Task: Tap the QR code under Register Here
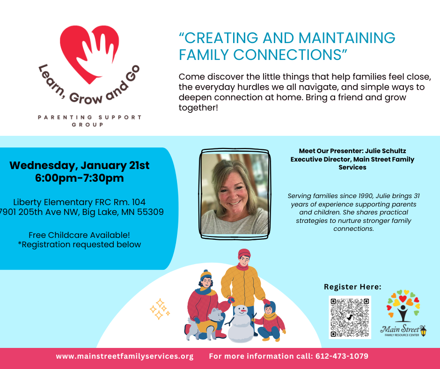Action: coord(350,317)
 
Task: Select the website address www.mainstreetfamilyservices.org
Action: coord(125,356)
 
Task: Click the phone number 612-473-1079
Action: coord(342,356)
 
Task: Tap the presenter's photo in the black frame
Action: coord(235,194)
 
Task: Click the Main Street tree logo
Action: coord(403,314)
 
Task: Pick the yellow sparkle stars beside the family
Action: coord(160,309)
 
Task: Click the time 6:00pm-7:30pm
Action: coord(80,178)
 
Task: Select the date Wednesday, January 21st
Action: coord(80,165)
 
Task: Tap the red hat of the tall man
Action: coord(244,253)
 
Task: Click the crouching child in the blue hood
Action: coord(270,321)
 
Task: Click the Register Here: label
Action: coord(352,287)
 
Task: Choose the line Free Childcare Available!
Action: coord(79,235)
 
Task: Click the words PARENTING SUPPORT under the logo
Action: coord(89,117)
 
